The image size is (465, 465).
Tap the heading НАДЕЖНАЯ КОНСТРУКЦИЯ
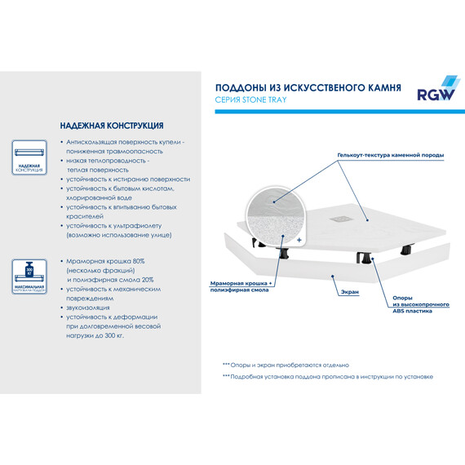[x=111, y=126]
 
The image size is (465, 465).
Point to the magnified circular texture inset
[x=276, y=217]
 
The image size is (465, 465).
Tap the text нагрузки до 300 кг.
[x=100, y=335]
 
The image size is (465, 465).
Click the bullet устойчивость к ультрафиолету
[x=119, y=225]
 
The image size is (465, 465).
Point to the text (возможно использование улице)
[x=119, y=235]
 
